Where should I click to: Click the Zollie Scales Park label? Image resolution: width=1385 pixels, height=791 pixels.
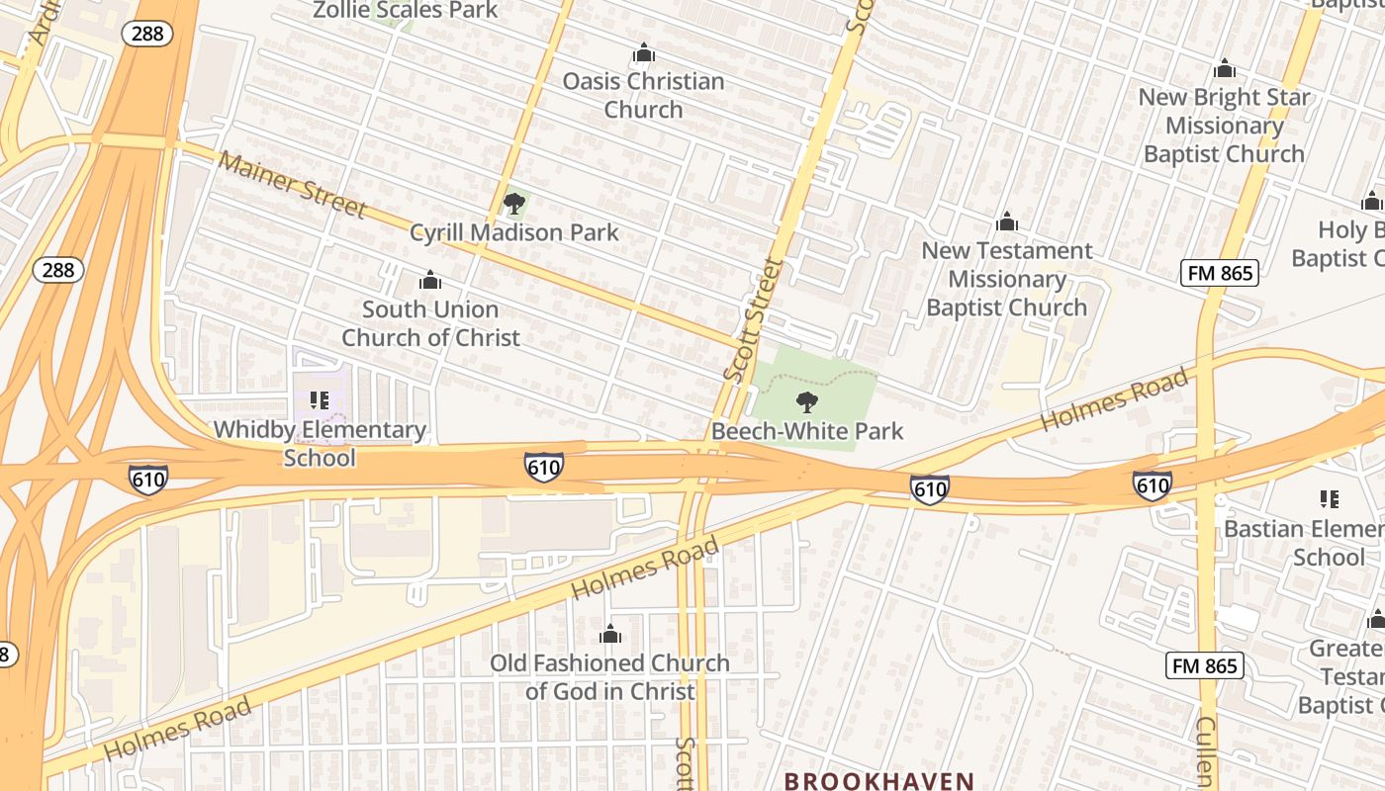click(x=406, y=11)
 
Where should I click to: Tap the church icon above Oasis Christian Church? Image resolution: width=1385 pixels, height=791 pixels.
click(x=644, y=52)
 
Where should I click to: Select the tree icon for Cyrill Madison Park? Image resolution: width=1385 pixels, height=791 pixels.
click(x=513, y=205)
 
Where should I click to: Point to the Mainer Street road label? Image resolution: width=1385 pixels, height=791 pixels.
click(x=292, y=185)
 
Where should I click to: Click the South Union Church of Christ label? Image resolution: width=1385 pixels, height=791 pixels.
click(x=430, y=323)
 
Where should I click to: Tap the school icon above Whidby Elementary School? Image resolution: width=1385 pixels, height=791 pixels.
click(x=319, y=400)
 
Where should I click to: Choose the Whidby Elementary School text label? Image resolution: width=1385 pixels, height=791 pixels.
click(x=320, y=444)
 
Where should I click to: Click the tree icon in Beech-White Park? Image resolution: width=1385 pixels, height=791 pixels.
click(x=807, y=402)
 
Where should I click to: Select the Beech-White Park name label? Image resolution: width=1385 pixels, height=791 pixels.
click(x=807, y=431)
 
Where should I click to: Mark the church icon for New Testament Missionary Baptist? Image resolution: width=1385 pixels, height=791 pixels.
click(x=1007, y=221)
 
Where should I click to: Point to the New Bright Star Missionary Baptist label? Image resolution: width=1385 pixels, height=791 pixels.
click(x=1224, y=126)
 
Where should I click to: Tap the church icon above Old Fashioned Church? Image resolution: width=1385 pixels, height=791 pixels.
click(x=610, y=634)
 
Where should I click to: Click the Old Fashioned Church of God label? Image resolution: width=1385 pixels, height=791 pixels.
click(x=610, y=677)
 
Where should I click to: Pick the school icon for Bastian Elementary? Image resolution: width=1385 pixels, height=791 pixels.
click(x=1329, y=499)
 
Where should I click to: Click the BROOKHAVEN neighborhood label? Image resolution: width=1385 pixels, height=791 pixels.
click(x=879, y=781)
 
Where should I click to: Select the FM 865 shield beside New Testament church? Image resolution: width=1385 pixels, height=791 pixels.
click(x=1219, y=273)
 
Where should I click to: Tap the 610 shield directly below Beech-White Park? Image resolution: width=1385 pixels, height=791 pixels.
click(x=930, y=487)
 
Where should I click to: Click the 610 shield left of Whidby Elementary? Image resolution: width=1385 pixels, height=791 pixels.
click(x=147, y=480)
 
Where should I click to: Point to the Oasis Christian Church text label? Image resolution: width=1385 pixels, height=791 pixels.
click(x=644, y=95)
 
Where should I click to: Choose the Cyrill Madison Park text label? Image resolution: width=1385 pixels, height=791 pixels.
click(x=514, y=233)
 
